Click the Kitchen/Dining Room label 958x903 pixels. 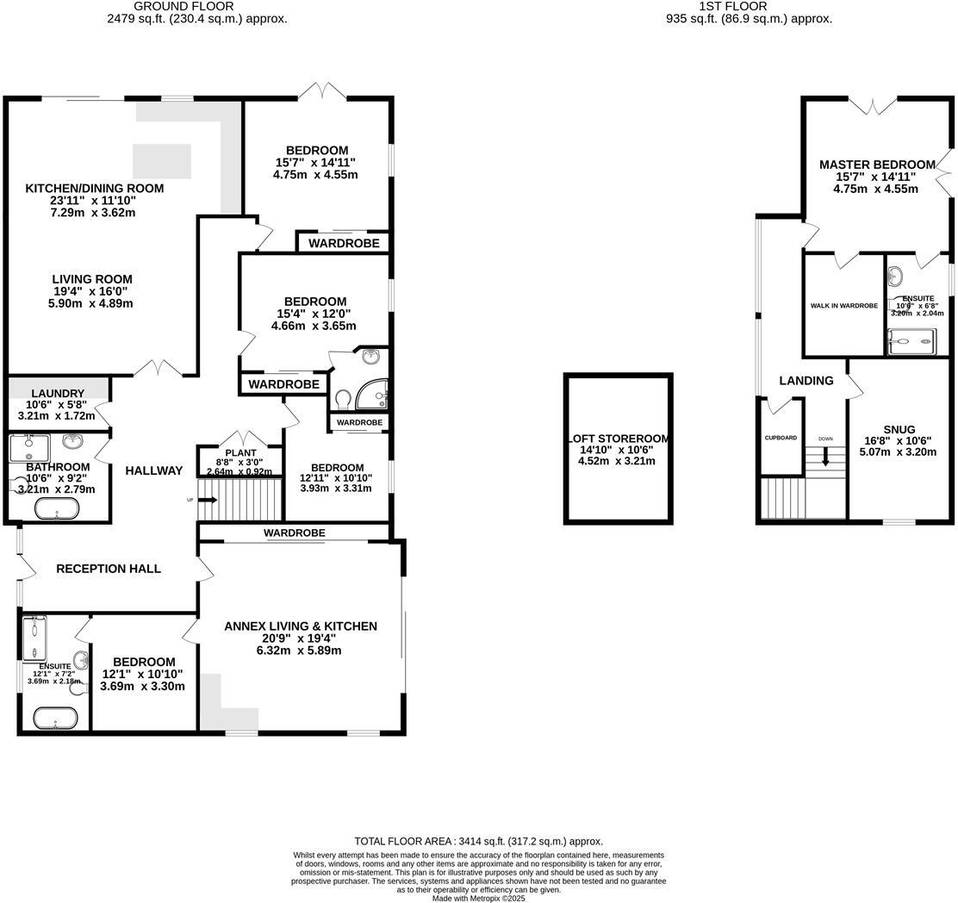[x=94, y=188]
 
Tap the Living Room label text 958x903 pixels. [x=92, y=279]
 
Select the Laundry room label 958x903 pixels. [x=58, y=393]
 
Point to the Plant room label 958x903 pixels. [x=240, y=452]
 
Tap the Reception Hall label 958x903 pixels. [x=109, y=569]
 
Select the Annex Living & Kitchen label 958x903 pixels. [x=300, y=626]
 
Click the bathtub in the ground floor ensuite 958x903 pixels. [x=55, y=717]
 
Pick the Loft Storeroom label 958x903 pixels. [x=618, y=438]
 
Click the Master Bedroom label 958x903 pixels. [x=876, y=165]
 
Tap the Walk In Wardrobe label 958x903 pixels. [x=843, y=306]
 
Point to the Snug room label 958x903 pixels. [x=899, y=429]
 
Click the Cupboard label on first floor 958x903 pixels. [x=781, y=438]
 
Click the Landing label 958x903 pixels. [x=806, y=381]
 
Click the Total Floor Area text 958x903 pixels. [x=478, y=841]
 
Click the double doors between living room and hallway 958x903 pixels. [x=159, y=369]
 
